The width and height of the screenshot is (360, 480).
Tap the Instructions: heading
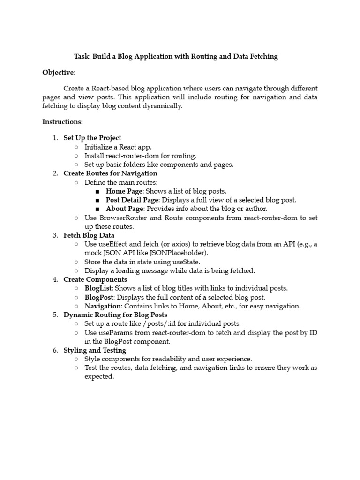point(62,122)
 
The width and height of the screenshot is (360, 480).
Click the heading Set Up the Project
point(92,138)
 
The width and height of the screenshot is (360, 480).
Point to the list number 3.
point(55,235)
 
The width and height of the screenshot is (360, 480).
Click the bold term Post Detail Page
point(132,200)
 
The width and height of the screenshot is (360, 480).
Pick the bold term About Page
point(124,209)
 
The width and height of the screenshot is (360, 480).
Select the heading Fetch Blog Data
point(89,235)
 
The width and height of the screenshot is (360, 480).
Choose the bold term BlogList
point(98,288)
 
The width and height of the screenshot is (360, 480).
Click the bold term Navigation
point(103,306)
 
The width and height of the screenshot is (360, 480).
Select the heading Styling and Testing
point(95,350)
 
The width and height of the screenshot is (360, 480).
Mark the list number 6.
point(55,350)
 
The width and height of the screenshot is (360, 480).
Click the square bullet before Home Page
point(97,192)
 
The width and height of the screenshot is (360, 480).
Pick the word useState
point(184,262)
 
